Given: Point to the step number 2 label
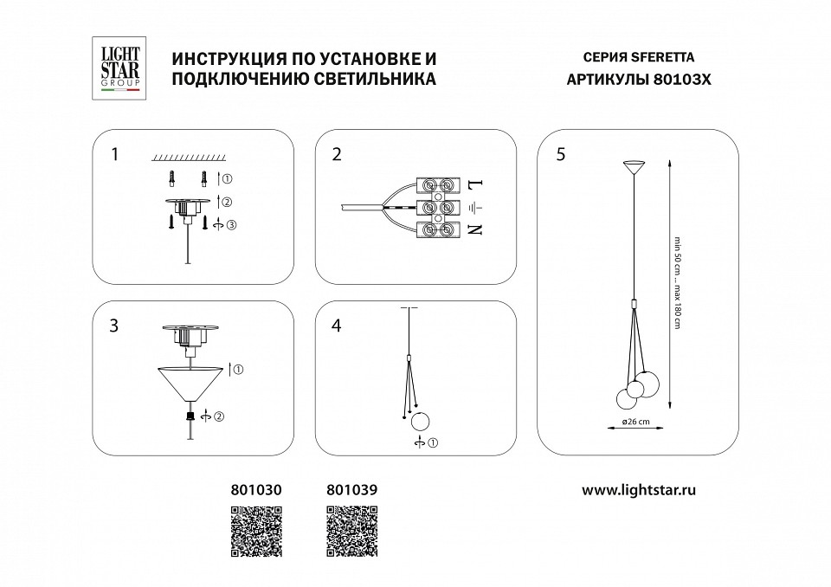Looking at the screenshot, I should pyautogui.click(x=337, y=155).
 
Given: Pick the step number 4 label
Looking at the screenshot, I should pyautogui.click(x=337, y=326).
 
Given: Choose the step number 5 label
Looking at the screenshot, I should pyautogui.click(x=562, y=155).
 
